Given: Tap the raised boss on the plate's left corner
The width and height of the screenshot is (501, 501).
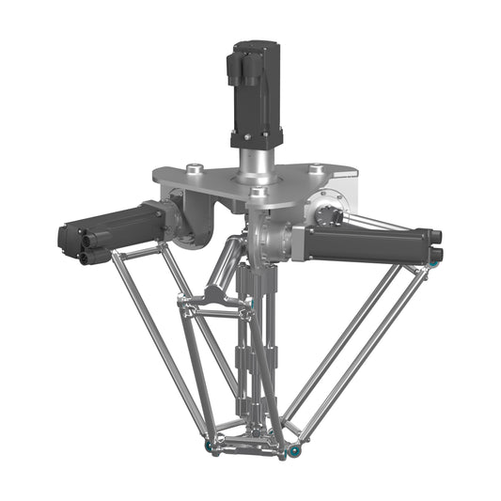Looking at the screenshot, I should coord(195,169).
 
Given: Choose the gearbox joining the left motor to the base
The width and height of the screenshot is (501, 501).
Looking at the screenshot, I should coord(188,216).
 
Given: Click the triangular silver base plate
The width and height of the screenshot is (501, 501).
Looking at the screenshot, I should coord(226,180).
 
